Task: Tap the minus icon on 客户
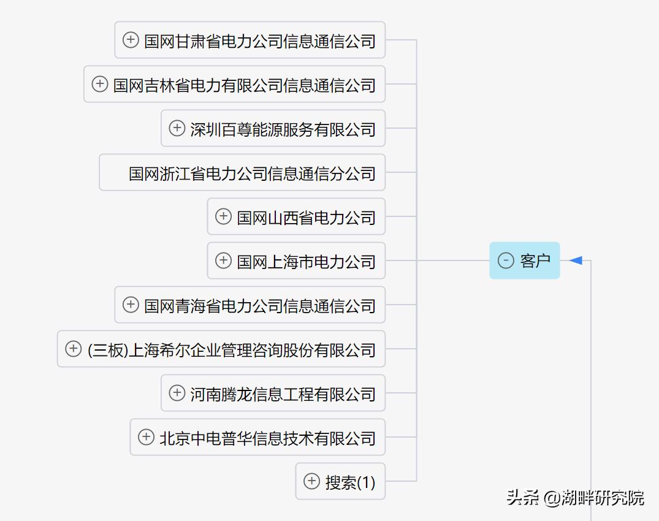[506, 260]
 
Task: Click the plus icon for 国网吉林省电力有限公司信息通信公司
[100, 84]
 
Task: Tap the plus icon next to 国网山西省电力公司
[224, 216]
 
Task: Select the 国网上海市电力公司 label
[306, 261]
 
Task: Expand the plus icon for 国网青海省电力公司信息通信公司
[131, 305]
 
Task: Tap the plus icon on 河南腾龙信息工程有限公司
[177, 393]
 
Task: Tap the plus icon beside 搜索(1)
[312, 481]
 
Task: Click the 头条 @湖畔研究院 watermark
[575, 497]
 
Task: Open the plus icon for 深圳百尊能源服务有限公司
[177, 128]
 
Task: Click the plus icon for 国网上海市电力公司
[224, 260]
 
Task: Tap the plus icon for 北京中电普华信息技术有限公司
[146, 437]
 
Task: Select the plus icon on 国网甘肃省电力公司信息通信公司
[131, 40]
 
